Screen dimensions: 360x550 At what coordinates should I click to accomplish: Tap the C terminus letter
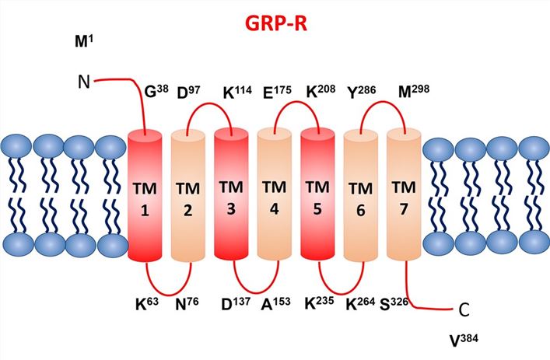tap(464, 309)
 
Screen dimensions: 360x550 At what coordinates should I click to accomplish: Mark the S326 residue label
tap(410, 299)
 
